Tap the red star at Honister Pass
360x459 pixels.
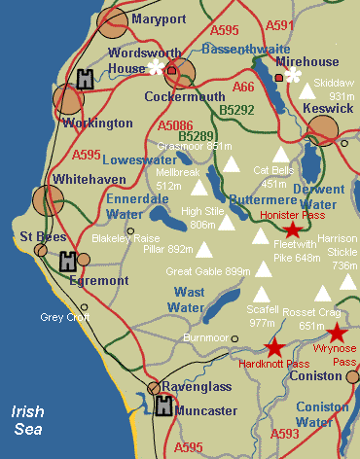click(292, 229)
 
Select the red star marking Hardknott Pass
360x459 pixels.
click(274, 347)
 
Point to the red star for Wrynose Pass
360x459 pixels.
click(336, 334)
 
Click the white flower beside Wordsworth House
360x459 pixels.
click(154, 67)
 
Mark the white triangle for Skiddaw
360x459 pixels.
click(307, 89)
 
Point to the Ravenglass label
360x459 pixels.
click(196, 387)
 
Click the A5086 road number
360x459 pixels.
click(176, 124)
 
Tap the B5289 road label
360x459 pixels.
click(197, 137)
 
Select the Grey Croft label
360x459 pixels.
click(64, 316)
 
